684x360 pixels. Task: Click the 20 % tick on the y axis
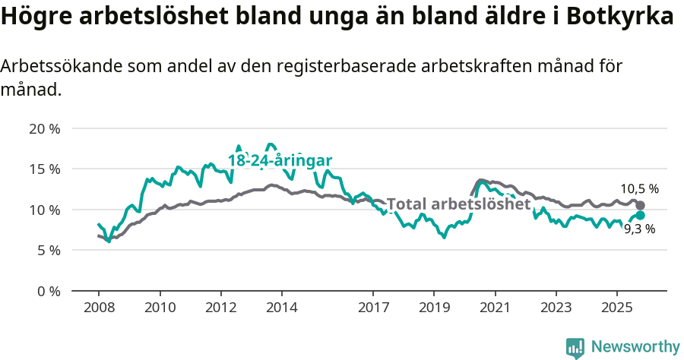(44, 128)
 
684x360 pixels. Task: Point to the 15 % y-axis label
(44, 169)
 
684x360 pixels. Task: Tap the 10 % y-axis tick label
(44, 210)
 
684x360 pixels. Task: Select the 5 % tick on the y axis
(47, 250)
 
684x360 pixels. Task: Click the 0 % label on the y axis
(47, 291)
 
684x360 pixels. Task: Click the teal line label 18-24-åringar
(280, 160)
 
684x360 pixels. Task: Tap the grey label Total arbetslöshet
(458, 204)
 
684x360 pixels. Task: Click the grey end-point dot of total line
(641, 206)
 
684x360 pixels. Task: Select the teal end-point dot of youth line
(641, 216)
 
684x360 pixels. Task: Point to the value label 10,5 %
(639, 189)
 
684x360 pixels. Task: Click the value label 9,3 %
(639, 229)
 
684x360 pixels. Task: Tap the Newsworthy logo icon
(575, 348)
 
